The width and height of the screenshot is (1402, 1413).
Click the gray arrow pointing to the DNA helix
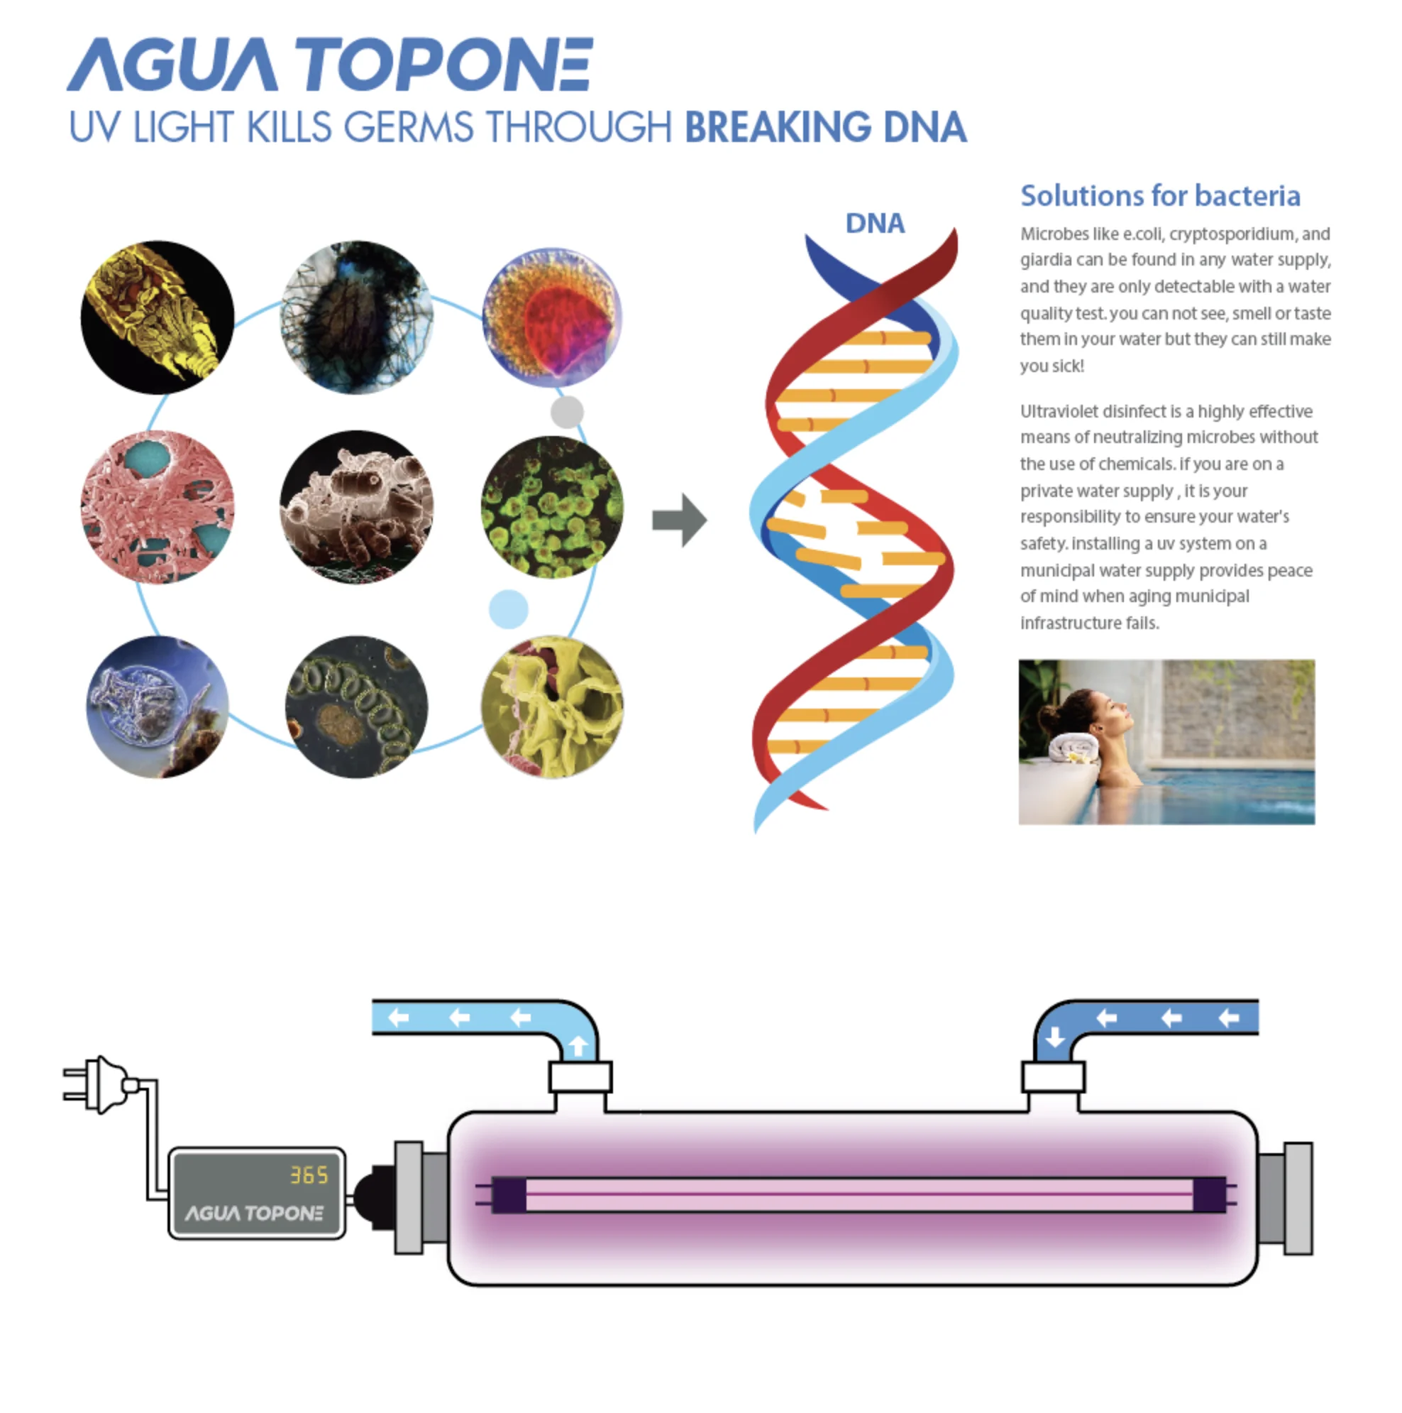(678, 520)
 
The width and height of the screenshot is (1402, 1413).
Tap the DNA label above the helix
(875, 224)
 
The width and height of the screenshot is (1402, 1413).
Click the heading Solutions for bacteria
(1160, 196)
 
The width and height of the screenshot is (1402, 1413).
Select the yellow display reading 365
(309, 1175)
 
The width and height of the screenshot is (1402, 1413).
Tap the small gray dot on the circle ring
(566, 412)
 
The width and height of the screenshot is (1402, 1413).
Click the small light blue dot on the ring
(508, 609)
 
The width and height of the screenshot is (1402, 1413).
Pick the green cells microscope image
(552, 507)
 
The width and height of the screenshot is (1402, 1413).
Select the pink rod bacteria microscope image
(158, 507)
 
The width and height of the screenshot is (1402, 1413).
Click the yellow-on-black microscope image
(158, 317)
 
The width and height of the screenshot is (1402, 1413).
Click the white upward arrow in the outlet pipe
(578, 1046)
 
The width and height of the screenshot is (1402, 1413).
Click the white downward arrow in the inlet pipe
(1055, 1037)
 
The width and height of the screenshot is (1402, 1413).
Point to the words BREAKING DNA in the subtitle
(825, 128)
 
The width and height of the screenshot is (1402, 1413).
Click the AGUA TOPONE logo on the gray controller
(253, 1214)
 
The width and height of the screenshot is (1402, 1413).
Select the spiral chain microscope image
(356, 706)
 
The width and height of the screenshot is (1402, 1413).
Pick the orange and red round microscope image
(552, 317)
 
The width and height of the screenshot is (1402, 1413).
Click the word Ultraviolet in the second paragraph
(1059, 412)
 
